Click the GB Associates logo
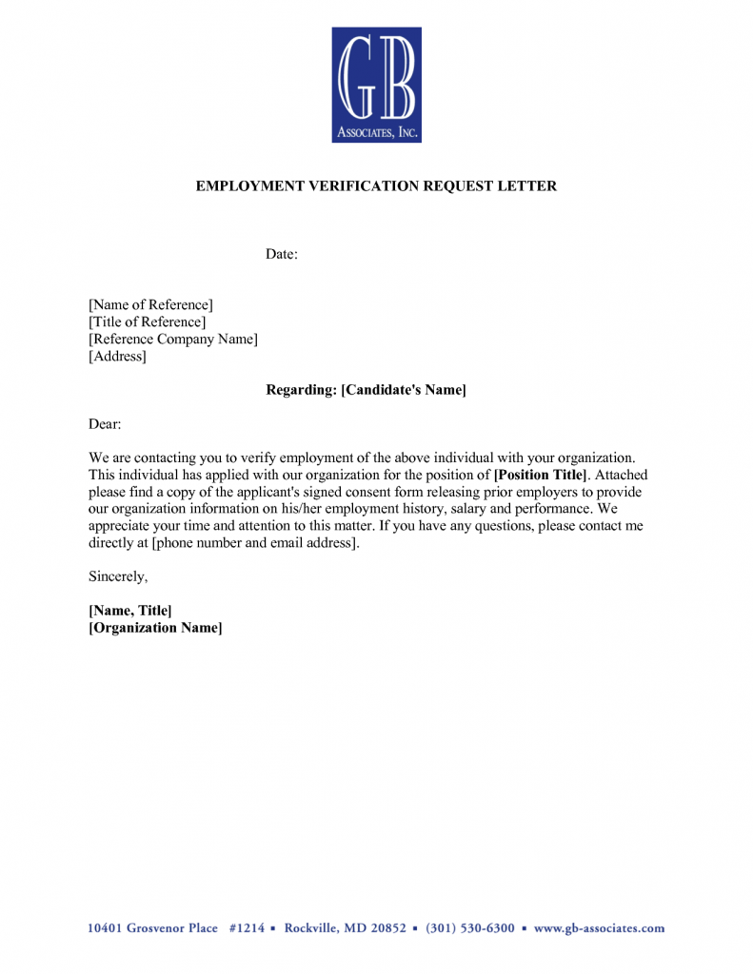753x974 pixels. coord(376,85)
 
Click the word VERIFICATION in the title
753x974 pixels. coord(359,186)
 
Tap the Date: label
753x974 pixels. coord(282,254)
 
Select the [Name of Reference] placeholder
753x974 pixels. coord(150,305)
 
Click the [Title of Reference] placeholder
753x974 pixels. coord(147,322)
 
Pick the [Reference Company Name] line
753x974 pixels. coord(173,340)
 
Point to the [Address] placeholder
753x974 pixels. coord(117,357)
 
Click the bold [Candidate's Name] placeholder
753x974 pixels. coord(404,390)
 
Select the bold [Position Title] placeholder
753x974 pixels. coord(541,475)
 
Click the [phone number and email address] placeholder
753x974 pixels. coord(256,543)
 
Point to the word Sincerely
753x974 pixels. coord(118,576)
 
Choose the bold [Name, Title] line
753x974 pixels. coord(129,611)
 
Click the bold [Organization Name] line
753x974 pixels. coord(155,628)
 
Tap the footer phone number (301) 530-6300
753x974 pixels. coord(470,928)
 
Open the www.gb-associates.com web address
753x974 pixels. coord(599,928)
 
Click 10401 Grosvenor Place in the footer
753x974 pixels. coord(152,928)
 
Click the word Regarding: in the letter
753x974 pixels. coord(301,390)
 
